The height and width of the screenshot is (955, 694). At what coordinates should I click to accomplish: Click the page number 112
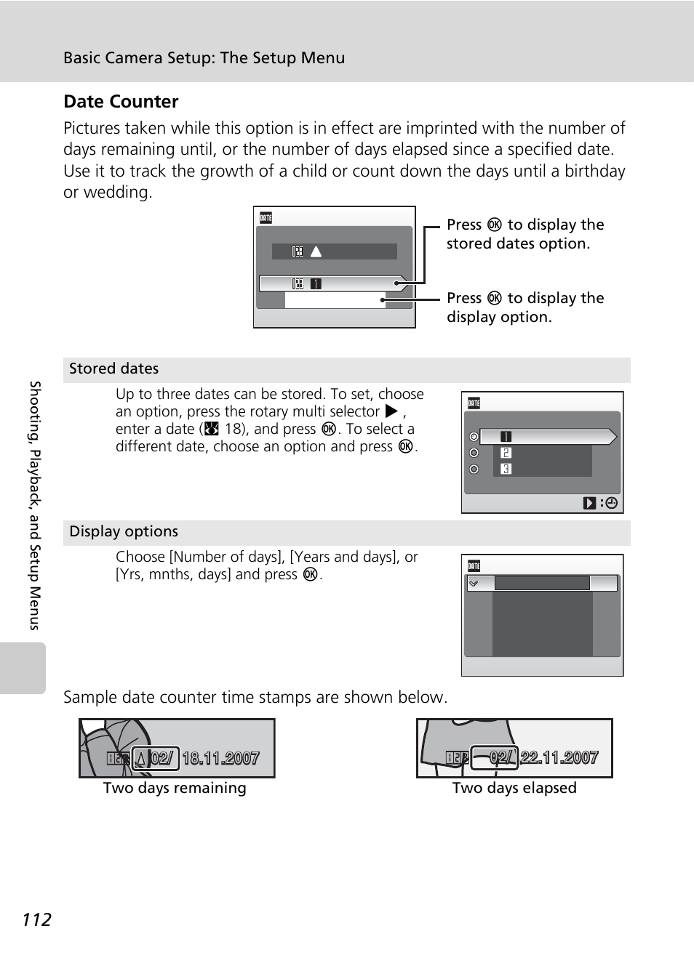[x=36, y=920]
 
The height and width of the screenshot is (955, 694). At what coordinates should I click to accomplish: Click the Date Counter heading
[x=121, y=102]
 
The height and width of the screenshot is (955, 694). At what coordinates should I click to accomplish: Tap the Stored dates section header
[x=114, y=368]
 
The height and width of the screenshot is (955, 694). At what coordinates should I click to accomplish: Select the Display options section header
[x=124, y=531]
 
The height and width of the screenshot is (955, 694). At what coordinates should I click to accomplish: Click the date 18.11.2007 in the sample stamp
[x=220, y=759]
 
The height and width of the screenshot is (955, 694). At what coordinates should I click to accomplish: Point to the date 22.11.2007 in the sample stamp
[x=559, y=757]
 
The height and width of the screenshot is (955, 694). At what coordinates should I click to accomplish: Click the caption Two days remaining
[x=175, y=788]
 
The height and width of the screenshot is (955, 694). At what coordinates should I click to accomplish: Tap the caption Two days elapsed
[x=514, y=788]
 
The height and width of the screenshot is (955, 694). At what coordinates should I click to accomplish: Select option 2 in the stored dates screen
[x=506, y=453]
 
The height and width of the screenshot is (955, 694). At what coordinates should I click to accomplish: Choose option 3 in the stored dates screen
[x=506, y=469]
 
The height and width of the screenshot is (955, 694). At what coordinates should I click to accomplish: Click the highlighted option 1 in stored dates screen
[x=506, y=437]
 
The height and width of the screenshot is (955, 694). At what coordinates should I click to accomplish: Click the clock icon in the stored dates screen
[x=611, y=503]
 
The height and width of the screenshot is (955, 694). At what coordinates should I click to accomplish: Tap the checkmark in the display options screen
[x=474, y=584]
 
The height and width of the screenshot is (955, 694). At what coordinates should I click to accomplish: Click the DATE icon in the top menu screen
[x=266, y=217]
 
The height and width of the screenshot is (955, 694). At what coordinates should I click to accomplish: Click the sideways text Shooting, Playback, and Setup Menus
[x=35, y=505]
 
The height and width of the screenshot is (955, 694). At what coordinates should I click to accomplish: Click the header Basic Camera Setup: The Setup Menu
[x=204, y=58]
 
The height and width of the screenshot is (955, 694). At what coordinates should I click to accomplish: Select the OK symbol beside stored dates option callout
[x=495, y=225]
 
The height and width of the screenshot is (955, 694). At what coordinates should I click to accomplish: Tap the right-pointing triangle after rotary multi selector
[x=391, y=411]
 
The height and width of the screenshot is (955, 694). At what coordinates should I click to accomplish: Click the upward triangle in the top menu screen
[x=316, y=251]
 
